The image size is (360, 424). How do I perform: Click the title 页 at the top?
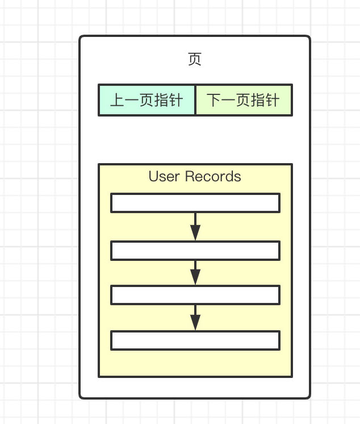pyautogui.click(x=195, y=60)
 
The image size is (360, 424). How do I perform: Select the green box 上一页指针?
pyautogui.click(x=146, y=100)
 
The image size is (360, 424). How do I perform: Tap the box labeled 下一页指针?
pyautogui.click(x=244, y=100)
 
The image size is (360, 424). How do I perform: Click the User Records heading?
pyautogui.click(x=195, y=177)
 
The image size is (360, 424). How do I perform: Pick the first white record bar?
pyautogui.click(x=195, y=203)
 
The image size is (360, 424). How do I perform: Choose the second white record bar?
pyautogui.click(x=195, y=251)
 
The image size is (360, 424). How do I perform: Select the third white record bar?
pyautogui.click(x=195, y=295)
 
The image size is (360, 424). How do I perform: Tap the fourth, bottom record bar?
pyautogui.click(x=195, y=340)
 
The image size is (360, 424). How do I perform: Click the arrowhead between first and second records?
pyautogui.click(x=195, y=232)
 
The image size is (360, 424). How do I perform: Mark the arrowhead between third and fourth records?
pyautogui.click(x=195, y=322)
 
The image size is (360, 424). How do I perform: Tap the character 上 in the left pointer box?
pyautogui.click(x=117, y=101)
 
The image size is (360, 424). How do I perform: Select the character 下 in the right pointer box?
pyautogui.click(x=214, y=101)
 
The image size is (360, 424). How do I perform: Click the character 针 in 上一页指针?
pyautogui.click(x=176, y=101)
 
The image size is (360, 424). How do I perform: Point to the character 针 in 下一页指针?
pyautogui.click(x=273, y=101)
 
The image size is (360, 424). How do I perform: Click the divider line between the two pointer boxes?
pyautogui.click(x=195, y=100)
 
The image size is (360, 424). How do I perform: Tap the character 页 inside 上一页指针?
pyautogui.click(x=146, y=101)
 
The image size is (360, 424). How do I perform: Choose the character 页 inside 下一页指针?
pyautogui.click(x=244, y=101)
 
